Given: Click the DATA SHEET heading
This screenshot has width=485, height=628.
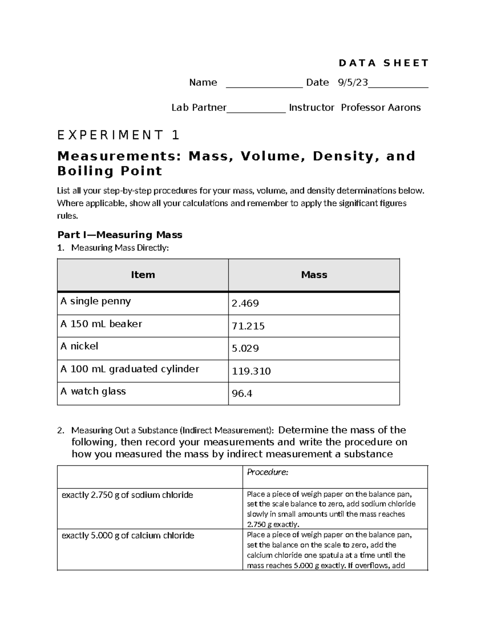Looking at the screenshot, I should click(x=383, y=63).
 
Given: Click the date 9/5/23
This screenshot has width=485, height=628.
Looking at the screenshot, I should click(x=353, y=83).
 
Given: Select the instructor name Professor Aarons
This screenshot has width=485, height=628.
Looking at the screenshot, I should click(x=380, y=108).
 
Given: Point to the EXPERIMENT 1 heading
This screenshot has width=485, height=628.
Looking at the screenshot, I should click(x=118, y=135).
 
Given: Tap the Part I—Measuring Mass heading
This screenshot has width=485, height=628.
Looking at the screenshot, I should click(x=120, y=235).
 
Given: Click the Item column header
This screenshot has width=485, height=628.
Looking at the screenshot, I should click(x=143, y=275).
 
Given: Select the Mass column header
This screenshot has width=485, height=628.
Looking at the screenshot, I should click(x=314, y=275).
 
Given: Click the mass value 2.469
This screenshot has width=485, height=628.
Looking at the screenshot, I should click(x=245, y=303).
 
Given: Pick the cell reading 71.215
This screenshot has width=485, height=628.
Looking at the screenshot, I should click(x=248, y=326).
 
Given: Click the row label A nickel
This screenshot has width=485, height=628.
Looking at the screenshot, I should click(x=79, y=346).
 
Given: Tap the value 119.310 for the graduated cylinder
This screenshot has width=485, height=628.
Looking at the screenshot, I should click(x=251, y=371).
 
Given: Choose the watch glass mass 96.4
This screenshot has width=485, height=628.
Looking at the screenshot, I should click(x=242, y=393).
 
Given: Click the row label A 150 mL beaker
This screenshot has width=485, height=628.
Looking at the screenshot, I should click(x=101, y=324).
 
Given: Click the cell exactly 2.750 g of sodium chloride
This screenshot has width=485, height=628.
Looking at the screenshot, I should click(x=127, y=495).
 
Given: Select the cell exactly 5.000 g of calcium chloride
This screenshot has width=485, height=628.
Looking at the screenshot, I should click(x=128, y=535).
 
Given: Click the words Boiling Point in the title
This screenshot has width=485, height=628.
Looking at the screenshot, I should click(x=110, y=171).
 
